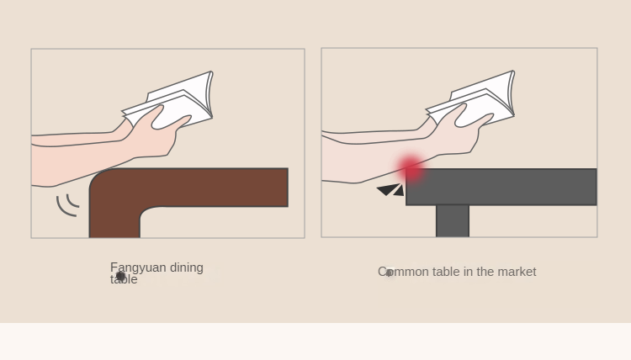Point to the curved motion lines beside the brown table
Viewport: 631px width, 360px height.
pos(67,205)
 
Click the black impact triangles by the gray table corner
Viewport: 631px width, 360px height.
pos(390,190)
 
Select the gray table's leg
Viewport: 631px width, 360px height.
pos(453,221)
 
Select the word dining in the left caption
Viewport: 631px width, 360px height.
pos(187,267)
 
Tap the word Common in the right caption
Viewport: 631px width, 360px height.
pos(404,272)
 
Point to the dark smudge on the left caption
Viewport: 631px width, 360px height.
pos(120,276)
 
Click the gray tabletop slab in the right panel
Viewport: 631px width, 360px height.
pos(501,187)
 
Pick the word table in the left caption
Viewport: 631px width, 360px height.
pos(124,279)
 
